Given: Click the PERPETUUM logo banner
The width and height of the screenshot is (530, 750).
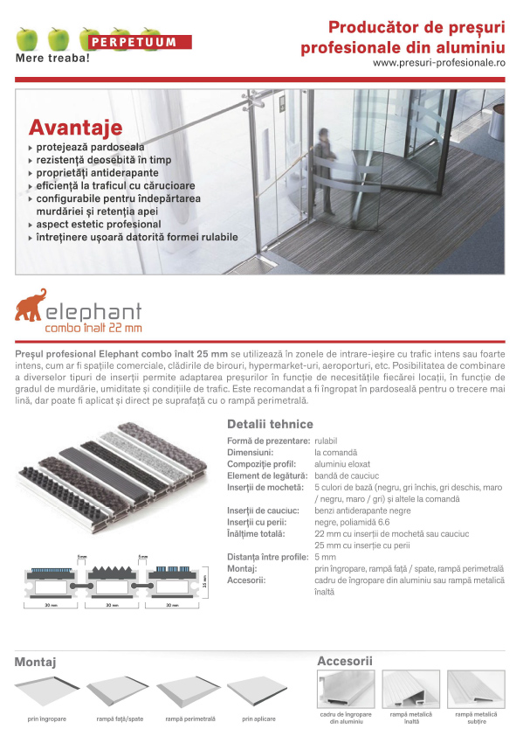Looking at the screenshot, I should point(139,41).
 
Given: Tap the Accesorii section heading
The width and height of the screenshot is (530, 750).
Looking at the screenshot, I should point(344,661).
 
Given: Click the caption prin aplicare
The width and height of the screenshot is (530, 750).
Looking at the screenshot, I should point(258,719).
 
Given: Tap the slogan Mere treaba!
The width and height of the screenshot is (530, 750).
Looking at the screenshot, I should point(52,59).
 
